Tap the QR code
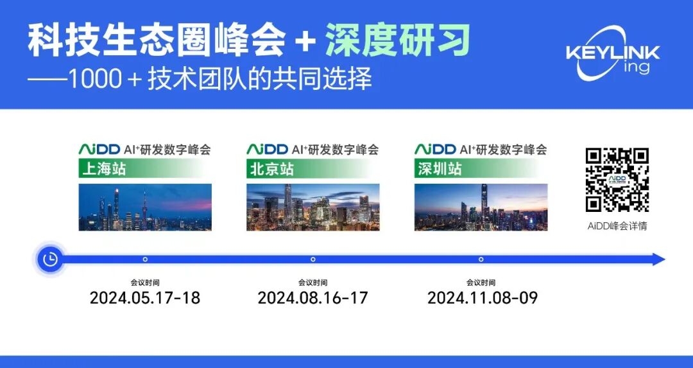click(617, 180)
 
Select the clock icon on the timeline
click(49, 259)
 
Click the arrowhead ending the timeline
click(658, 259)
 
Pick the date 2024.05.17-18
click(144, 298)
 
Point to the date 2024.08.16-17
click(312, 298)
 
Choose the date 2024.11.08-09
click(482, 298)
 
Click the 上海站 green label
click(103, 170)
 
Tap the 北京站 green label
click(271, 170)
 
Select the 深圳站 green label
click(439, 170)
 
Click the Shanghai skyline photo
click(145, 207)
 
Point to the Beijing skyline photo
click(312, 207)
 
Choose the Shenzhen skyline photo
click(481, 207)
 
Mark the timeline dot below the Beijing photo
click(313, 259)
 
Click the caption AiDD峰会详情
click(617, 226)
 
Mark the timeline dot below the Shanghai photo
click(145, 259)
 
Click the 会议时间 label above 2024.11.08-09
click(481, 282)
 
